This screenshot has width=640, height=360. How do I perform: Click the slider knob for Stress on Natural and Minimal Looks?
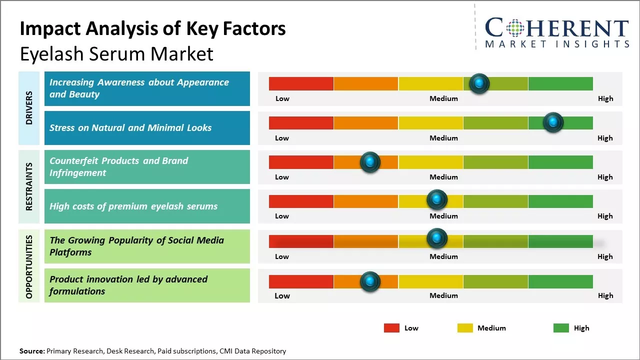[x=553, y=122]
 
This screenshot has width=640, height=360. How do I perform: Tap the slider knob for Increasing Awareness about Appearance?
[x=479, y=83]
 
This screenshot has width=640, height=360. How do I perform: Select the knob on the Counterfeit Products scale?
[x=370, y=162]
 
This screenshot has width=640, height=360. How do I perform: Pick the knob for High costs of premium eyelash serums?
[x=437, y=199]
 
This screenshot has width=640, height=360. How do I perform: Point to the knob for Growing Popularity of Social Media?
[x=437, y=238]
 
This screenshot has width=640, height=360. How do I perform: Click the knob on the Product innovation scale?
[x=370, y=281]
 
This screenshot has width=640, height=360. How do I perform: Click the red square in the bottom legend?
[x=391, y=328]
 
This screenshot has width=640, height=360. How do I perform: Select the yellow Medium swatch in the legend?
[x=465, y=328]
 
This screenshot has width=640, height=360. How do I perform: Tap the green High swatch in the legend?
[x=561, y=328]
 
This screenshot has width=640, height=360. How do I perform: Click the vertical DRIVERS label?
[x=29, y=107]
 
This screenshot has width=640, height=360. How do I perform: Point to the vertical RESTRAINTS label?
[x=29, y=186]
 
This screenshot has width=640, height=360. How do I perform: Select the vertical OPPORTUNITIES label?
[x=29, y=266]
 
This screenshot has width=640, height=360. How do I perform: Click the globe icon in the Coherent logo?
[x=514, y=28]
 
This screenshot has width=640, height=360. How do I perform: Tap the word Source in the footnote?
[x=32, y=351]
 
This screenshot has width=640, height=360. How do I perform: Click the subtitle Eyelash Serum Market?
[x=116, y=54]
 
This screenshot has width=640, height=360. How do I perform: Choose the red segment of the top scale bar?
[x=301, y=83]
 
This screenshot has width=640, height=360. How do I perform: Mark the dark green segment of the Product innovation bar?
[x=560, y=281]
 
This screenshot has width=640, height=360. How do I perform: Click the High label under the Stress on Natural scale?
[x=605, y=138]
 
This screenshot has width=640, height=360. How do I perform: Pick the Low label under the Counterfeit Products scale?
[x=282, y=177]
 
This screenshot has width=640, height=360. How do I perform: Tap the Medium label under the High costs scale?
[x=443, y=216]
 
